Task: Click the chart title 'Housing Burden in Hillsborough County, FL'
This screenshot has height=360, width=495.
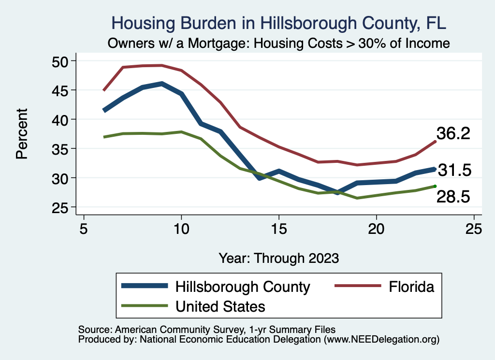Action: tap(279, 23)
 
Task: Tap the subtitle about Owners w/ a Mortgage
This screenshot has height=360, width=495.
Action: tap(279, 43)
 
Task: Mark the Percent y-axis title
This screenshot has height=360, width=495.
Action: tap(22, 134)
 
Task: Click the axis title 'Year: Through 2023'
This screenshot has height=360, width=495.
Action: tap(279, 258)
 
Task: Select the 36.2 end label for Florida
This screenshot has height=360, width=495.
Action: tap(453, 133)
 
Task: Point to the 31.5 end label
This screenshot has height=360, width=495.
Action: tap(454, 170)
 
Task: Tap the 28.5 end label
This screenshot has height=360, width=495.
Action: tap(453, 196)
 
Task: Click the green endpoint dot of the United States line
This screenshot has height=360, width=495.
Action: tap(435, 186)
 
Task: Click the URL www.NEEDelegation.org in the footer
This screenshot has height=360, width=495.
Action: tap(381, 339)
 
